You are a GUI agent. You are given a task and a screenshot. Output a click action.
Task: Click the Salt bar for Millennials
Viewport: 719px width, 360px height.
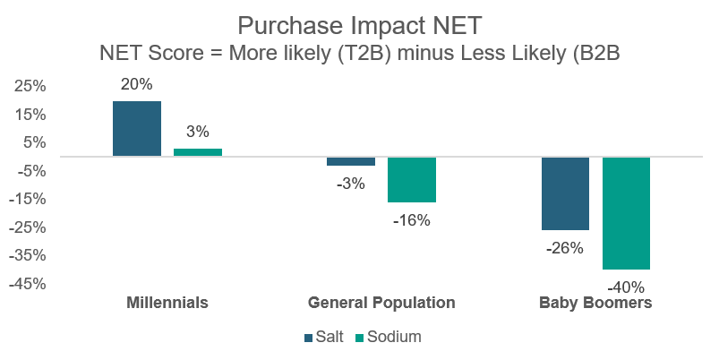(137, 129)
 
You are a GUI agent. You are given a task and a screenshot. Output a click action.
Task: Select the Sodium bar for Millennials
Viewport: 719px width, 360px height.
(198, 152)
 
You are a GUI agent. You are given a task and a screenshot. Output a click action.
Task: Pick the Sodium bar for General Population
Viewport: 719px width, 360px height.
(411, 179)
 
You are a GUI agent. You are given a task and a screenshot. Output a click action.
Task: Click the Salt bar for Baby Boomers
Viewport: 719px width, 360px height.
(565, 193)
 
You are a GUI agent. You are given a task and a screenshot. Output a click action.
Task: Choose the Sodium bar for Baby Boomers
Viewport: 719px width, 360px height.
(626, 213)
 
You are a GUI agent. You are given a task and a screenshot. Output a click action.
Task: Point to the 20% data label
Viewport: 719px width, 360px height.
(137, 85)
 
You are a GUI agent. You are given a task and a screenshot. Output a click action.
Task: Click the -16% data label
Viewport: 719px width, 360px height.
(411, 219)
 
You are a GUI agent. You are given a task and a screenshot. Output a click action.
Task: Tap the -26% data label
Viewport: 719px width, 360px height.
(565, 248)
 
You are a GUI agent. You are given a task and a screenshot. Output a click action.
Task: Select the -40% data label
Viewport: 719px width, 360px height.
(626, 287)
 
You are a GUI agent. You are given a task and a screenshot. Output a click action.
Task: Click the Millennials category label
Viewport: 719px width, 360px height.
(167, 303)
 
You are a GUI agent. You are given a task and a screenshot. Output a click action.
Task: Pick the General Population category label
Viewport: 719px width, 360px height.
(381, 303)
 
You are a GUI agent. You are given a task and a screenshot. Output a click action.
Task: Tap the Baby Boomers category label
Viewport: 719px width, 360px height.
(595, 303)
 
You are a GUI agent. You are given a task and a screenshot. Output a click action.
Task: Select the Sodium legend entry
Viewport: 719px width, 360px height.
(388, 337)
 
